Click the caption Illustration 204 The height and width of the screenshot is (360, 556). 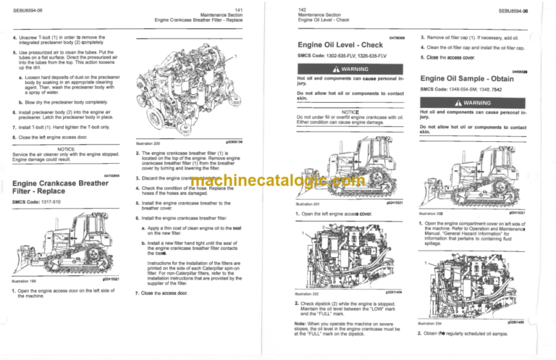pyautogui.click(x=432, y=323)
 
